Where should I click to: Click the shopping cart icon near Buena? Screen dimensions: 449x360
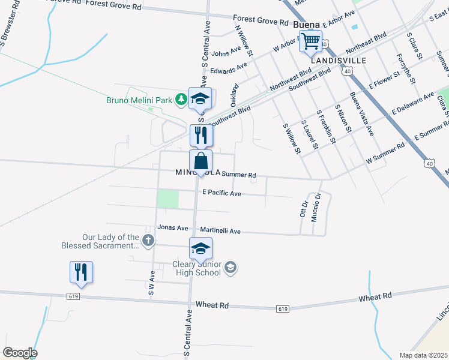(x=311, y=41)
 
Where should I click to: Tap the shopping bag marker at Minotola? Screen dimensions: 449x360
(x=201, y=161)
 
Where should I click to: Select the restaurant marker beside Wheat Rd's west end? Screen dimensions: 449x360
(x=80, y=272)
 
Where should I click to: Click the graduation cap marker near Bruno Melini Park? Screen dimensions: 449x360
(x=200, y=100)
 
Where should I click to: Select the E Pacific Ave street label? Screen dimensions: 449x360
(x=221, y=193)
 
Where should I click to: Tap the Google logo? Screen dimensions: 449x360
(x=20, y=353)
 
